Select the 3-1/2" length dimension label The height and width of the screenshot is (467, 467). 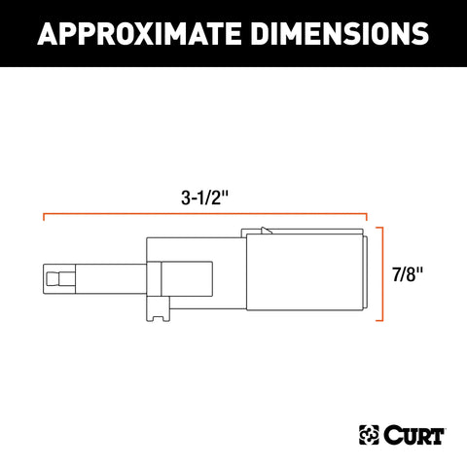coord(205,198)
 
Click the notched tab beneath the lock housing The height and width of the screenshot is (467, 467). coord(158,309)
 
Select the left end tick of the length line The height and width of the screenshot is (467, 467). coord(44,218)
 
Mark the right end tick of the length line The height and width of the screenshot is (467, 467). coord(367,218)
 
